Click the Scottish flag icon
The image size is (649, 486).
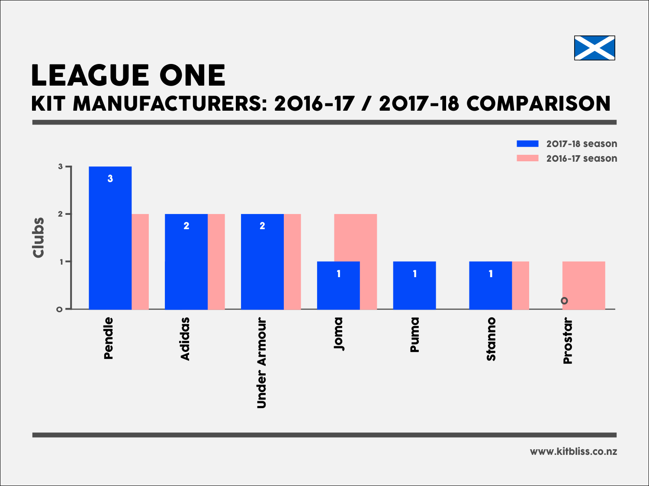click(x=594, y=48)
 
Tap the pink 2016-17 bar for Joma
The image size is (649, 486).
click(x=368, y=238)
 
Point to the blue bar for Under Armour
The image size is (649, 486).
click(x=262, y=264)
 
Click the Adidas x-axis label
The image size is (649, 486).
click(x=185, y=339)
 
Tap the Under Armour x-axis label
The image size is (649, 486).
click(x=262, y=363)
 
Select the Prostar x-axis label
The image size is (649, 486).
click(x=568, y=341)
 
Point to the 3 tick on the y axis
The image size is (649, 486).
click(x=61, y=167)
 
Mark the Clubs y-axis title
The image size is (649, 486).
click(x=39, y=238)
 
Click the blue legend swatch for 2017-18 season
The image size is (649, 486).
click(x=527, y=144)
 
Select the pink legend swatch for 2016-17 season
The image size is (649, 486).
click(x=527, y=158)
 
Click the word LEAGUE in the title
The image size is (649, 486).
click(x=89, y=76)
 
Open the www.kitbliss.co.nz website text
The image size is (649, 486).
click(x=573, y=451)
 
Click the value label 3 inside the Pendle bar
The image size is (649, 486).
click(x=110, y=179)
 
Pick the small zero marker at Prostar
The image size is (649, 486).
click(x=564, y=301)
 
